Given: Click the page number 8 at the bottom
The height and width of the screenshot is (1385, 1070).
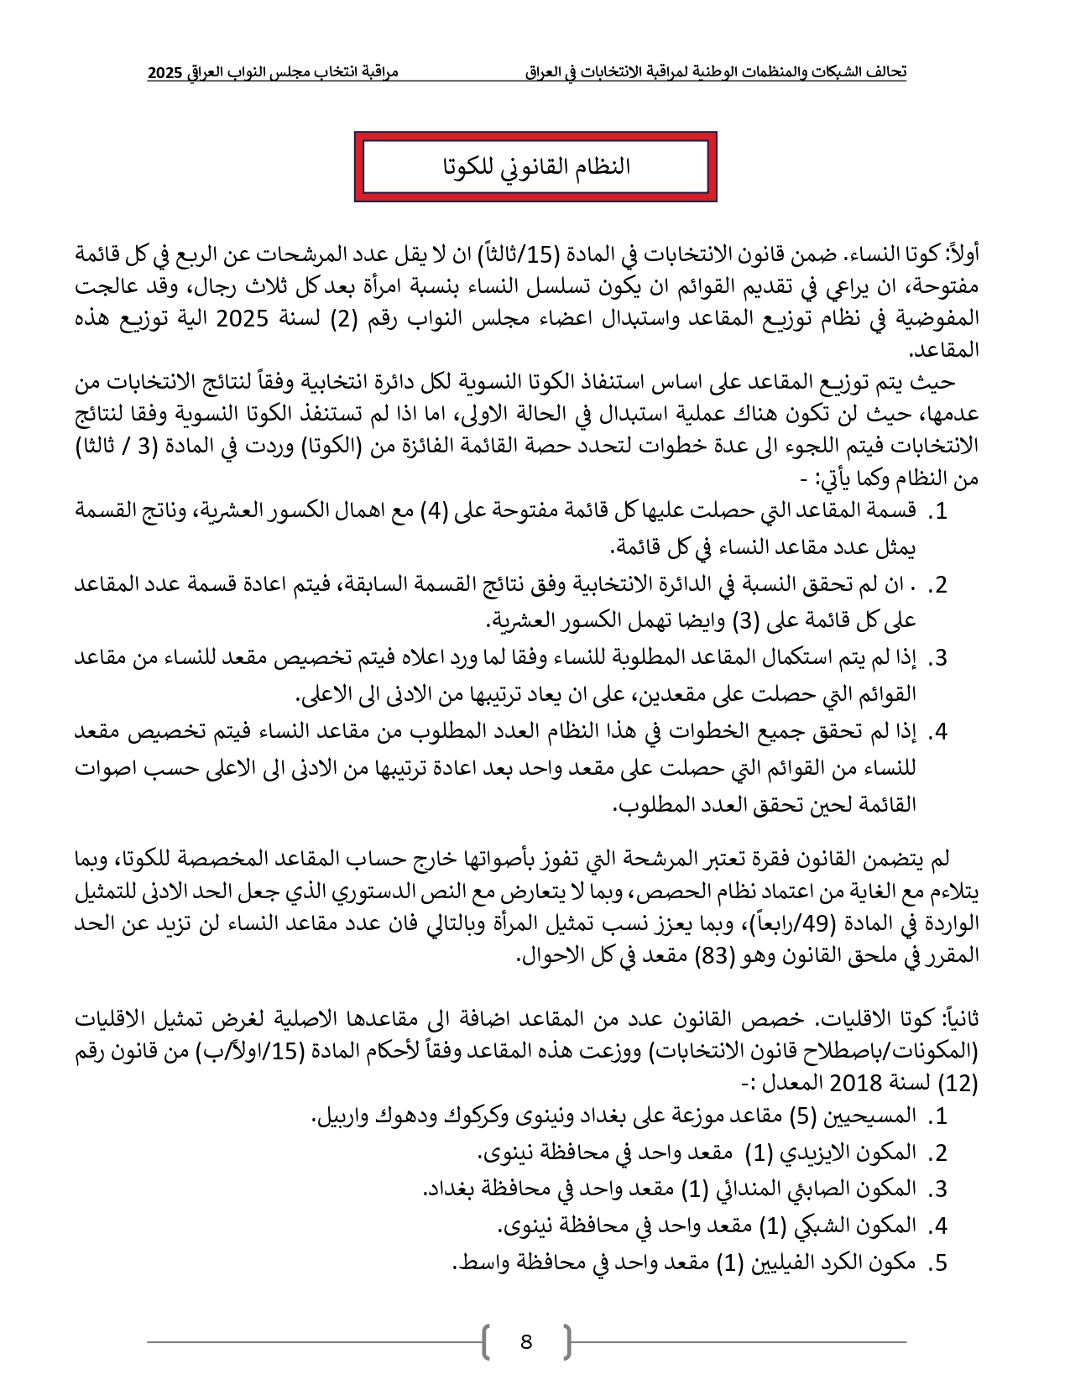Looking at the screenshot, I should pyautogui.click(x=526, y=1341).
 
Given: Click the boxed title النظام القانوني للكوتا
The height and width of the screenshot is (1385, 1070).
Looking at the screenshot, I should pyautogui.click(x=535, y=166).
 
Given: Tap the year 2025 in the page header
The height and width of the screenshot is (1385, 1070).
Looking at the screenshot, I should pyautogui.click(x=164, y=73).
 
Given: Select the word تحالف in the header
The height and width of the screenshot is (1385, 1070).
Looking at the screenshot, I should pyautogui.click(x=888, y=72).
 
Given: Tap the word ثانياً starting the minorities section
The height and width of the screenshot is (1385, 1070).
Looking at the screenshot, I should pyautogui.click(x=960, y=1020).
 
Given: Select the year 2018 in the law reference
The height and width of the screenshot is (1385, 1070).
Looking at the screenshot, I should pyautogui.click(x=858, y=1083).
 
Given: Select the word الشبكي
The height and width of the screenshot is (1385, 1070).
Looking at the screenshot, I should pyautogui.click(x=822, y=1226).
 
